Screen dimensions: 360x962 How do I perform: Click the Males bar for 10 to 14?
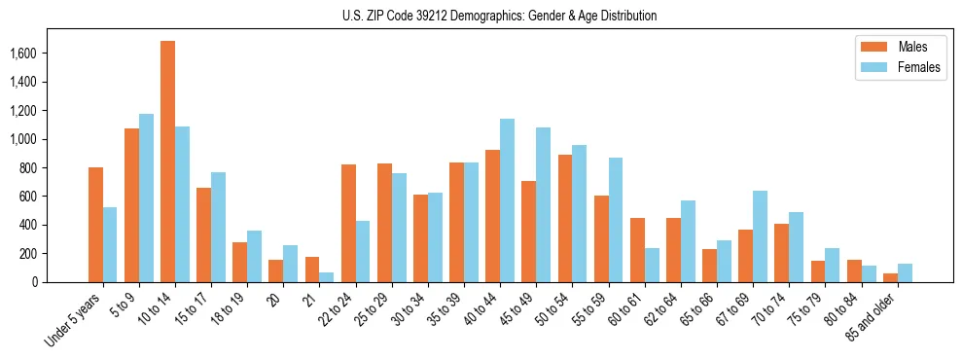click(x=168, y=162)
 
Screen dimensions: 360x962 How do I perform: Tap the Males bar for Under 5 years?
click(x=95, y=225)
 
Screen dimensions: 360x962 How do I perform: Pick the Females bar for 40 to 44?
click(x=507, y=200)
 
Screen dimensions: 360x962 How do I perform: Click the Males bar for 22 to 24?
click(x=348, y=223)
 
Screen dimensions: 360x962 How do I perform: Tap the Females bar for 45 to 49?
click(x=543, y=204)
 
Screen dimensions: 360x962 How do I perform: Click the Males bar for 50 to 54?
click(x=565, y=218)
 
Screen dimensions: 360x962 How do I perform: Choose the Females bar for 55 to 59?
click(x=615, y=220)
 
